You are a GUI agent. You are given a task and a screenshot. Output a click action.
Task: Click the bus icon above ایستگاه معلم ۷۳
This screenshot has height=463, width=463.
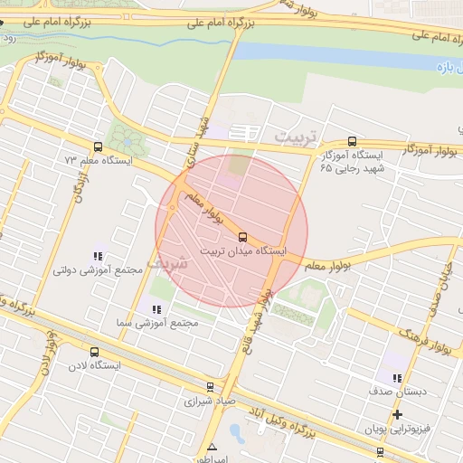97,146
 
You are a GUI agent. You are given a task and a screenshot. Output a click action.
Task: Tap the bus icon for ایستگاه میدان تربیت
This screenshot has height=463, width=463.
241,237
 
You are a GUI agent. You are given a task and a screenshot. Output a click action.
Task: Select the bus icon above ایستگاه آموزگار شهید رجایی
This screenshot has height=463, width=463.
352,141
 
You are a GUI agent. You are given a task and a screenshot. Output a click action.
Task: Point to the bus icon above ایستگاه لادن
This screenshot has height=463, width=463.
95,352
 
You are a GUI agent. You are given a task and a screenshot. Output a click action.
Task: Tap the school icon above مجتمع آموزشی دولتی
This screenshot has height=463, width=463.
98,257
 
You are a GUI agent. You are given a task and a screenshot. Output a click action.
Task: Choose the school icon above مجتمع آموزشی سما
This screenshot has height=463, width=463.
156,309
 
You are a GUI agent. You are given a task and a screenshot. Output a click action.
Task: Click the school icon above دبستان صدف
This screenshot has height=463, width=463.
396,378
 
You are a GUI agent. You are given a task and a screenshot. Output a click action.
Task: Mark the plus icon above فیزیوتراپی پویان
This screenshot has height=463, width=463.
396,414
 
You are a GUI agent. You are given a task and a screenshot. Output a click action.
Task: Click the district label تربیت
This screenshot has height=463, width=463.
298,136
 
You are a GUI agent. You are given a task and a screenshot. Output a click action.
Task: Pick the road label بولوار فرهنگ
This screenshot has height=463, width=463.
423,335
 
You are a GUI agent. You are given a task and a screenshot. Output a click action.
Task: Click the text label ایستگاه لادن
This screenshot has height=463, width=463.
95,366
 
